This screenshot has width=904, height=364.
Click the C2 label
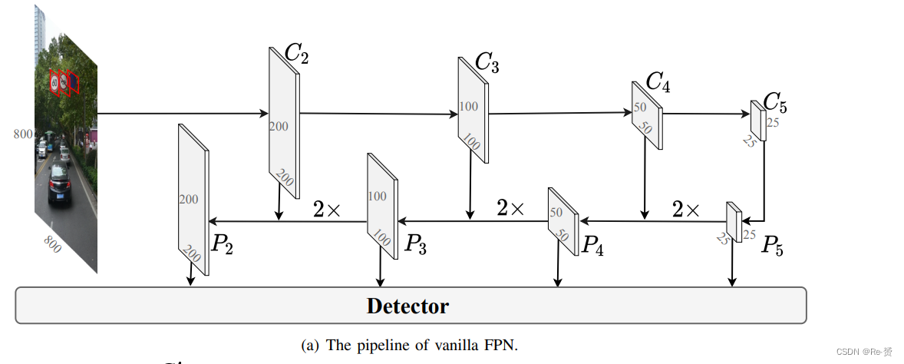point(297,54)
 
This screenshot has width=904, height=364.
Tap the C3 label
point(487,63)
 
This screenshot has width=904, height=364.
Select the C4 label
point(658,82)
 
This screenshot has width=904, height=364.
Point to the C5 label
point(776,103)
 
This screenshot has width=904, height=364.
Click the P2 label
point(222,245)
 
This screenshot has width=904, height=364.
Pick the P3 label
point(415,245)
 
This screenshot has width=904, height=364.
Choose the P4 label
point(592,245)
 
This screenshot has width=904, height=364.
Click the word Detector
point(407,306)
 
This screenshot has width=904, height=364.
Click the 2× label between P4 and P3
point(510,208)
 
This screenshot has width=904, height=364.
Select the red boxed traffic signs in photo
point(63,83)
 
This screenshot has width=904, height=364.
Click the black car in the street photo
point(59,185)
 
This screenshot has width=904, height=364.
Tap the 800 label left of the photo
point(23,134)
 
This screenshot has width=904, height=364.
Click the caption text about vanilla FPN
point(409,346)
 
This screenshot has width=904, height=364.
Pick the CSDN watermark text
point(865,351)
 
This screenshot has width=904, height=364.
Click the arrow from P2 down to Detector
point(190,275)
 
